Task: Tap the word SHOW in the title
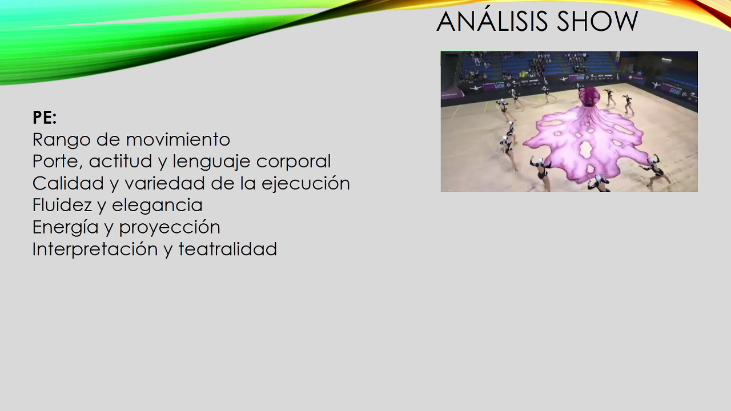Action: (597, 21)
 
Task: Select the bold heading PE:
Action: (45, 118)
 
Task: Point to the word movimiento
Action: (178, 140)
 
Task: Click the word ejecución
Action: (306, 184)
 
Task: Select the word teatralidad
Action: (228, 249)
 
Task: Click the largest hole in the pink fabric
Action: (587, 150)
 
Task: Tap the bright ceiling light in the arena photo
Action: (666, 59)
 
